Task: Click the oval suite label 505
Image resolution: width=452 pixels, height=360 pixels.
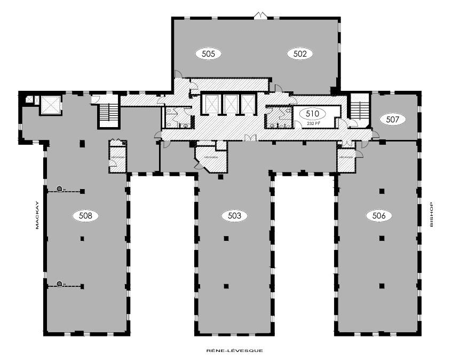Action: click(x=208, y=53)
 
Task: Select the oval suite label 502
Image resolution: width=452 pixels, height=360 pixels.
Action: click(x=299, y=53)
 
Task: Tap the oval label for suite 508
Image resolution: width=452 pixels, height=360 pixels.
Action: click(x=85, y=216)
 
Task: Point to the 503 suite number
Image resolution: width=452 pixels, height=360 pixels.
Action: click(x=234, y=216)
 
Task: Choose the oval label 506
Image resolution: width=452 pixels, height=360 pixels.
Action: click(x=379, y=216)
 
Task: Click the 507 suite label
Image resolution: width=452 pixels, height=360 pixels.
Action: click(x=393, y=120)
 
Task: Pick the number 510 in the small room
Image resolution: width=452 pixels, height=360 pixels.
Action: click(x=312, y=114)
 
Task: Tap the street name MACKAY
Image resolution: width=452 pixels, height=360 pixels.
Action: click(x=38, y=215)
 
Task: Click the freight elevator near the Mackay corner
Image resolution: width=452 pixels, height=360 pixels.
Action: click(x=50, y=105)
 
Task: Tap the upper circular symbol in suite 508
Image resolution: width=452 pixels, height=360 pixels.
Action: click(x=60, y=189)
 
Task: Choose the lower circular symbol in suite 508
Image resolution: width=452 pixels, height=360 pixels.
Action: click(x=60, y=284)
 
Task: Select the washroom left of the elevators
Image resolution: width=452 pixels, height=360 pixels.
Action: click(x=178, y=118)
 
